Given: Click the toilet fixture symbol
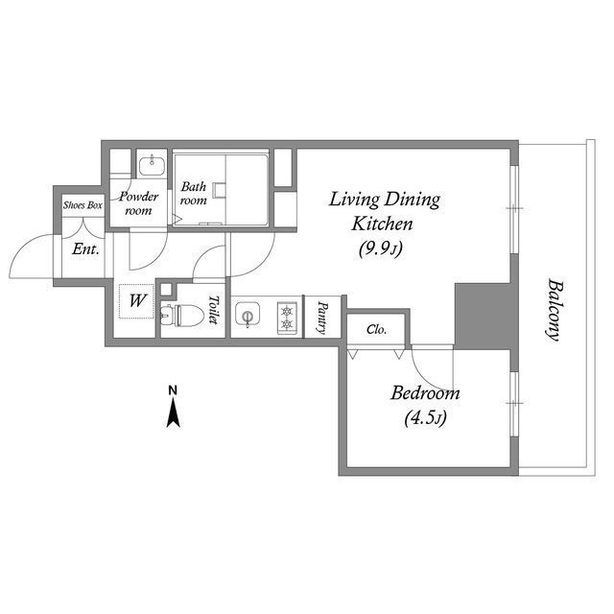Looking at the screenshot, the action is click(x=182, y=315).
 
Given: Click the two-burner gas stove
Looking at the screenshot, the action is click(x=288, y=318).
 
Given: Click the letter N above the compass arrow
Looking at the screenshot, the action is click(x=173, y=390).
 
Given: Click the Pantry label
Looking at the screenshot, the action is click(x=322, y=318).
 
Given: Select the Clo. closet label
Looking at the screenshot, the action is click(x=377, y=330).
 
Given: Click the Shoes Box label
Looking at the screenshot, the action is click(x=83, y=205).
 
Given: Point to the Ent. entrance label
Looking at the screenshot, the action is click(x=85, y=249).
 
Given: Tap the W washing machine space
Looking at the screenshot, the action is click(x=137, y=300).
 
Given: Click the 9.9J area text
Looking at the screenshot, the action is click(x=381, y=248).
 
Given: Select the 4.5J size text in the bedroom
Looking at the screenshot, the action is click(x=425, y=418).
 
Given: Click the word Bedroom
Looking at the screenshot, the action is click(x=425, y=393).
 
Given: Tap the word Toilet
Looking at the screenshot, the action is click(x=213, y=309).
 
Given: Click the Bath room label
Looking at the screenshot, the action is click(x=194, y=194).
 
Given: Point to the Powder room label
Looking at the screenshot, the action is click(x=138, y=203).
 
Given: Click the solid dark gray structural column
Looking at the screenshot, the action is click(x=486, y=316).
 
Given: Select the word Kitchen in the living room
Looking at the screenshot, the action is click(x=382, y=224).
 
